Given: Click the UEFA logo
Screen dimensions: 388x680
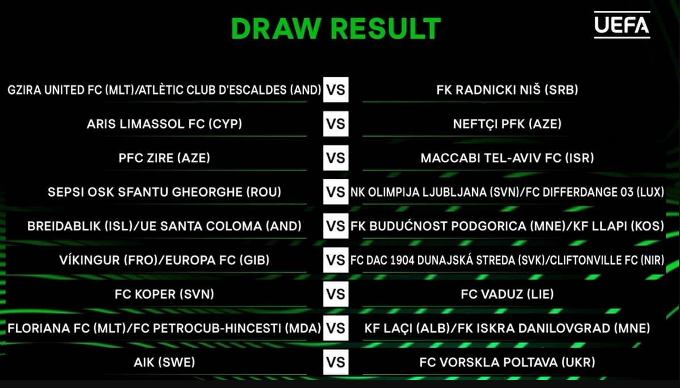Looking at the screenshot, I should tap(622, 26).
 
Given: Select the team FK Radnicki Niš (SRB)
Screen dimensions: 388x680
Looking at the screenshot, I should tap(507, 90).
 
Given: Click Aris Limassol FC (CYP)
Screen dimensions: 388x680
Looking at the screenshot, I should tap(165, 124).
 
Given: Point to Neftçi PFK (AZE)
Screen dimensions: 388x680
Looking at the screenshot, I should tap(507, 124).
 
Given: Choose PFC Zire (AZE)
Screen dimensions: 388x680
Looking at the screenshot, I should tap(165, 158).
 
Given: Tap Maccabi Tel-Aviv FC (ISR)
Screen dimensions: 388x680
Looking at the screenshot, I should tap(507, 158).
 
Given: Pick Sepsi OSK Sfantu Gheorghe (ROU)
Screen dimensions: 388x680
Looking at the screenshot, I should tap(165, 192).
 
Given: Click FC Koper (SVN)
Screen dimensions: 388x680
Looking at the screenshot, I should tap(165, 294).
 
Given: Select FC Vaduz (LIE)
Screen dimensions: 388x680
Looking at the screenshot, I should tap(507, 294).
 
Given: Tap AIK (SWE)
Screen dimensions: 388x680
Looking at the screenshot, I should tap(165, 362).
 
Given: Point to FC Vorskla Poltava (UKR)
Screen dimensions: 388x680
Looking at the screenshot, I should tap(507, 362).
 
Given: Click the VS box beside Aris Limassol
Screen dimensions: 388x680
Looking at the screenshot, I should tap(336, 124).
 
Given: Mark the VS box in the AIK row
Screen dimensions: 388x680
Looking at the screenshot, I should tap(336, 362).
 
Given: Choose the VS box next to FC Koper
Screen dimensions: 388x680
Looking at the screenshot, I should tap(336, 294).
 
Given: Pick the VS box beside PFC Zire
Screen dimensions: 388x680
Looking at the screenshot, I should tap(336, 158).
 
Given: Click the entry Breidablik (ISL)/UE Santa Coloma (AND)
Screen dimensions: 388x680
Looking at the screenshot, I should tap(165, 226).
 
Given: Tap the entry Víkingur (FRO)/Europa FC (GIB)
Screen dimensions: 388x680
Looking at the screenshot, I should tap(165, 260).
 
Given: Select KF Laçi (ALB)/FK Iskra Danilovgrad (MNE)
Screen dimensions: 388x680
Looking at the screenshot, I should tap(507, 328).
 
